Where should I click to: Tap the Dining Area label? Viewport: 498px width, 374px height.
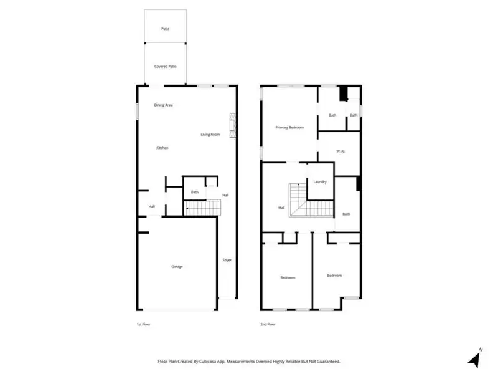click(164, 105)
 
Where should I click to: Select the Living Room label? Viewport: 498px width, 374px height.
click(210, 135)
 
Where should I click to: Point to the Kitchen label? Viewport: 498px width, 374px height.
click(162, 148)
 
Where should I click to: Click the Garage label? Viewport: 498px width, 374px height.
click(177, 266)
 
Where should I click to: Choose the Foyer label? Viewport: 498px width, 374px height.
click(227, 260)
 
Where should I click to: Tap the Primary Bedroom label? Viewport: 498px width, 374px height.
click(289, 127)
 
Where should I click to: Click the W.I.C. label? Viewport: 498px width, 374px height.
click(341, 151)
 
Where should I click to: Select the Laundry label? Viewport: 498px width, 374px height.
click(321, 182)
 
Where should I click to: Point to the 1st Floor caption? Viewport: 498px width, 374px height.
click(143, 325)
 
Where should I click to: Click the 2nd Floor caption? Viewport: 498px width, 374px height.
click(268, 325)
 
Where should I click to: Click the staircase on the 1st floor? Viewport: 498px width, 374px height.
click(203, 208)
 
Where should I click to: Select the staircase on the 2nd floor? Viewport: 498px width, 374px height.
click(297, 201)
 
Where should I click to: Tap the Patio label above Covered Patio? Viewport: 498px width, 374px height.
click(165, 29)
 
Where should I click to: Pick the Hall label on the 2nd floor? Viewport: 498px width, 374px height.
click(281, 208)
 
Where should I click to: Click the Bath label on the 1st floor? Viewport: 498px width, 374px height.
click(195, 192)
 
